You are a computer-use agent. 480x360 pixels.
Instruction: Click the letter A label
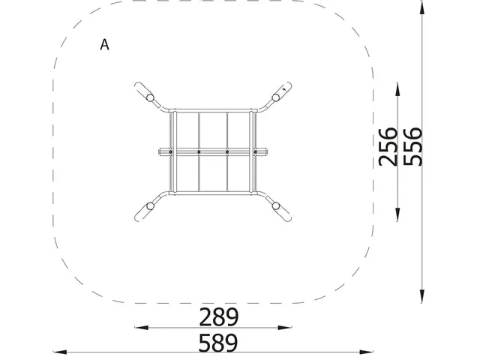[x=104, y=45]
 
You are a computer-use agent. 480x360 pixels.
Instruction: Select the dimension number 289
[x=218, y=317]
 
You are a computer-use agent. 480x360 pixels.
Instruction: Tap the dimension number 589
[x=218, y=343]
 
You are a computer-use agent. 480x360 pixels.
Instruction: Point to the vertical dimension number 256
[x=388, y=147]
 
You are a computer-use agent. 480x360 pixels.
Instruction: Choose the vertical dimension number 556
[x=412, y=147]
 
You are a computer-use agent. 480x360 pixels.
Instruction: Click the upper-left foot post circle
[x=150, y=98]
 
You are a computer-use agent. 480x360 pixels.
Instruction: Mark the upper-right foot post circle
[x=276, y=97]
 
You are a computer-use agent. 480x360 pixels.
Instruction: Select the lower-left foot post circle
[x=150, y=206]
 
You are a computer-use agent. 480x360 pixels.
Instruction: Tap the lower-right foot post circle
[x=276, y=205]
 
